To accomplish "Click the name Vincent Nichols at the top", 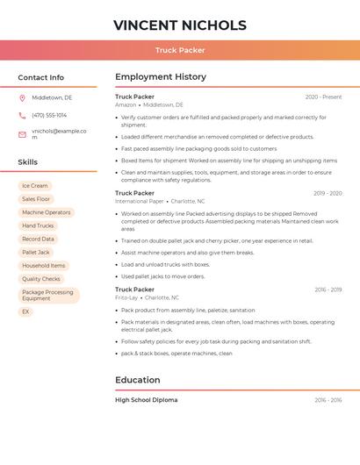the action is coord(180,25).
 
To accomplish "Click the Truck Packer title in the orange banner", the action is coord(180,50).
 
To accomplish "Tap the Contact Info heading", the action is coord(41,77).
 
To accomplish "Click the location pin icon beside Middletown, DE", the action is coord(22,97).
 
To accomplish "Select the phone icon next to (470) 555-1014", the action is coord(22,115).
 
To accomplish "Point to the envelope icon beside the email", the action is coord(22,134).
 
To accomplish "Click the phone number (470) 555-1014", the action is coord(49,115).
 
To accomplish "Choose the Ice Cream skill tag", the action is coord(35,186).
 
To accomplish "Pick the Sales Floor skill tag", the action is coord(36,199).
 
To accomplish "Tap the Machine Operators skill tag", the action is coord(47,212).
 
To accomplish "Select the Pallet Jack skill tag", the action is coord(36,253).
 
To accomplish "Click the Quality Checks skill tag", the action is coord(41,279).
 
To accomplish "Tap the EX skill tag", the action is coord(25,311).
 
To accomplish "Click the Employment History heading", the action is coord(161,77).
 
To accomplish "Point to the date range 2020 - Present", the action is coord(323,97).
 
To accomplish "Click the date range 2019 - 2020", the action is coord(328,193).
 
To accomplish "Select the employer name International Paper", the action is coord(140,201).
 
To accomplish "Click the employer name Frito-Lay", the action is coord(126,297).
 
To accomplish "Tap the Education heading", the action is coord(138,380).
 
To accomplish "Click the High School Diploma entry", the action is coord(146,400).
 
